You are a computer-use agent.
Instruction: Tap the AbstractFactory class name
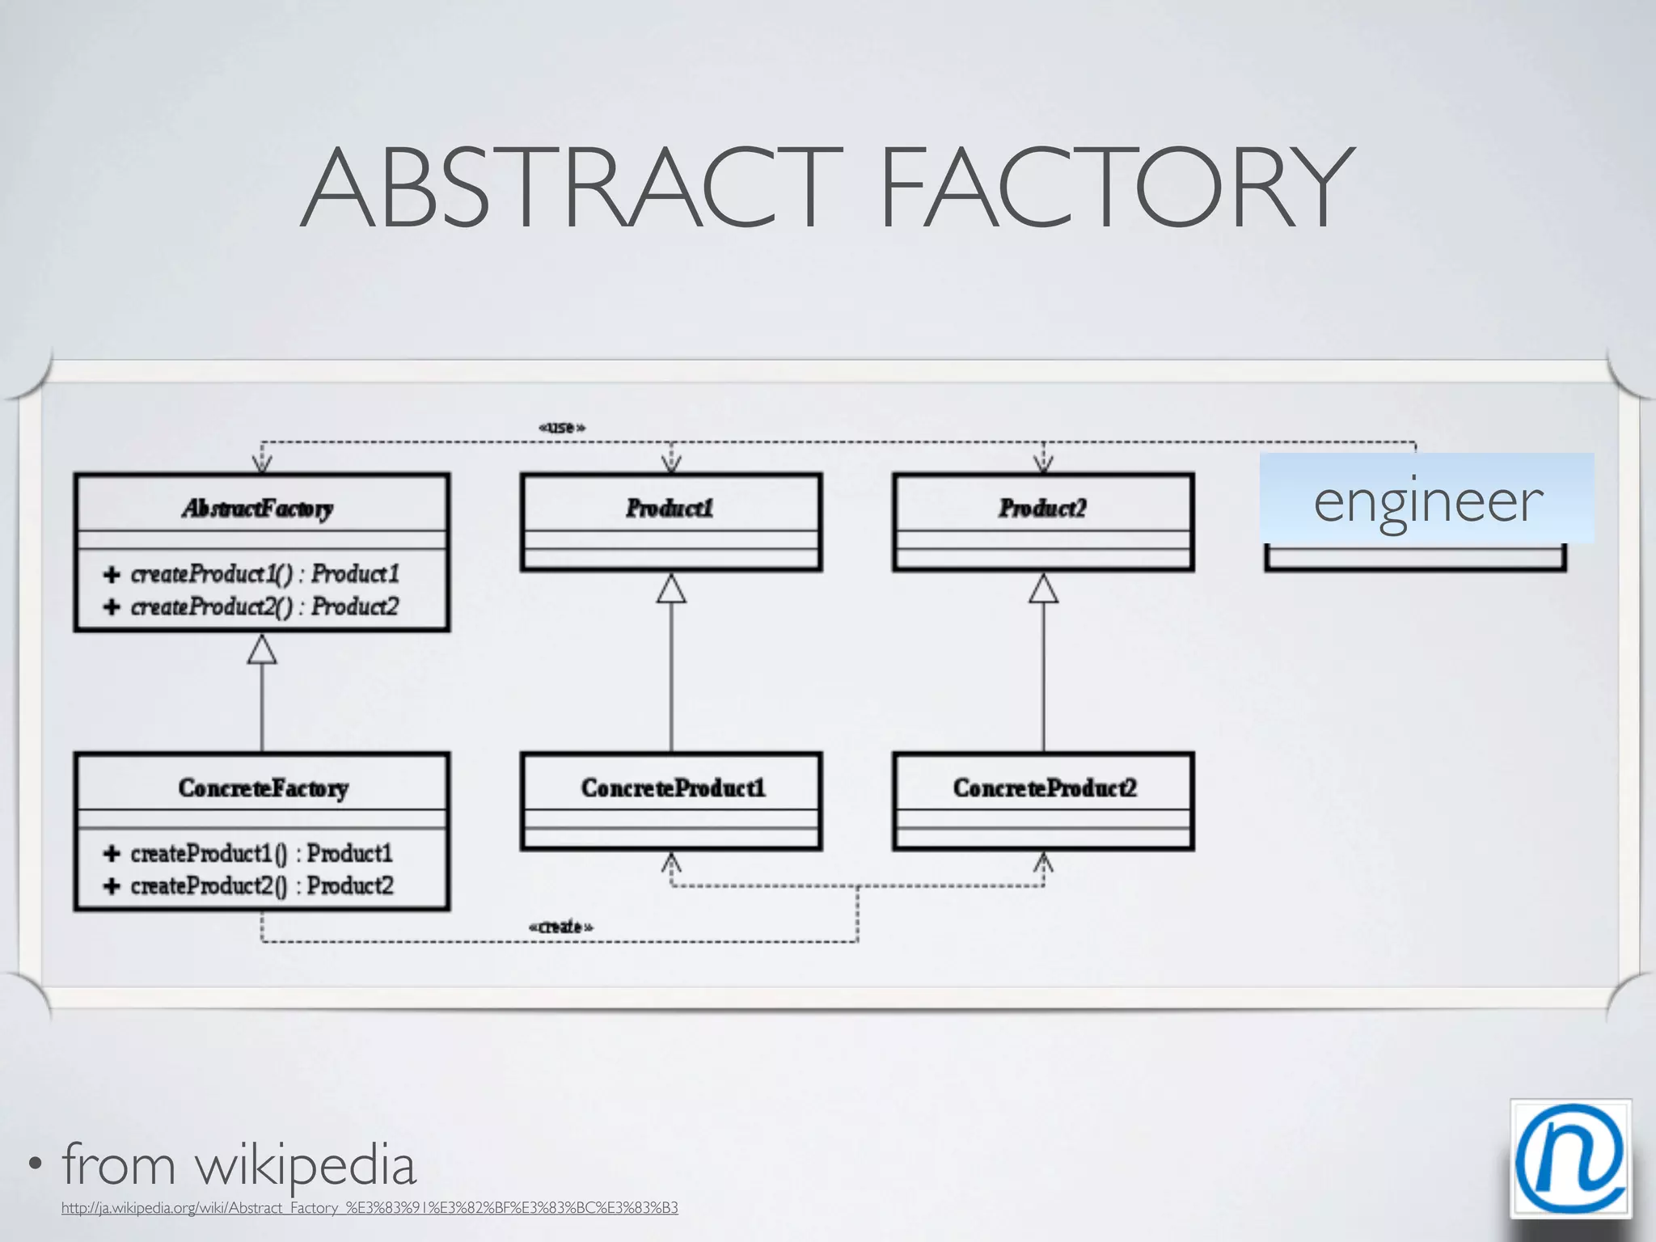click(258, 508)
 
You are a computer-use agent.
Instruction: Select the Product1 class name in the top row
click(670, 508)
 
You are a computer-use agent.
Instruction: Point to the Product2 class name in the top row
click(1042, 508)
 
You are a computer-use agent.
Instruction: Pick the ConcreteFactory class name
click(263, 788)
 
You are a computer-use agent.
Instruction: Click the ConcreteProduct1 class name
click(672, 788)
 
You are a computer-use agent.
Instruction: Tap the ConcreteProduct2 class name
click(1044, 788)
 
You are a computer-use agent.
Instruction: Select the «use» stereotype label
click(561, 427)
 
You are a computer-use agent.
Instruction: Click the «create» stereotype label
click(560, 927)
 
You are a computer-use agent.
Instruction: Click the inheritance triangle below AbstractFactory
click(262, 649)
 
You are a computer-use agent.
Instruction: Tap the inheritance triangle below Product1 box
click(671, 589)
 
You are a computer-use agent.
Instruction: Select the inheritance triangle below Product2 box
click(1043, 589)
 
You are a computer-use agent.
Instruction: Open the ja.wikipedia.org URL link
click(370, 1208)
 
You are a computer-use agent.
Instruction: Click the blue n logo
click(1569, 1158)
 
